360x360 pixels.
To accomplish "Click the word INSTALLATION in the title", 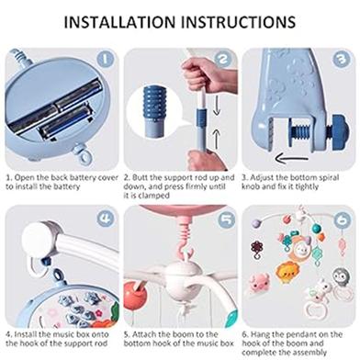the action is coord(119,22).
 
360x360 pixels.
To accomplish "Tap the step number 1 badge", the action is coord(105,59).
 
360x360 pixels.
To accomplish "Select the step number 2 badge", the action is coord(223,59).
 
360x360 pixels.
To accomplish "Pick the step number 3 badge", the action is coord(342,59).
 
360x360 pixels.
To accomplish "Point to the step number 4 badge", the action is coord(105,219).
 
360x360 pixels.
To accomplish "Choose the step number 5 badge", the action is coord(227,219).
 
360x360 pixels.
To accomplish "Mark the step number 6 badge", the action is coord(343,219).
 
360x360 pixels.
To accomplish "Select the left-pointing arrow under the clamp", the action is coord(291,159).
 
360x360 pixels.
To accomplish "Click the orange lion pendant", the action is coord(287,271).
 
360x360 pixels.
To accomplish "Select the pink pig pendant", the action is coord(259,282).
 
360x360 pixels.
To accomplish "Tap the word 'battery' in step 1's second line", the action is coord(66,186).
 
